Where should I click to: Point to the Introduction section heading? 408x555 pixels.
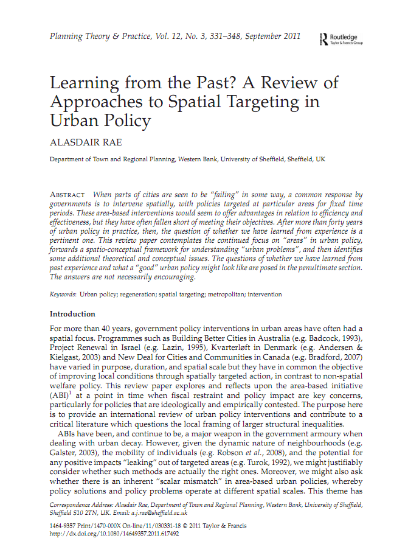(72, 314)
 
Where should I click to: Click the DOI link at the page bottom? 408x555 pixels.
(114, 534)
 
